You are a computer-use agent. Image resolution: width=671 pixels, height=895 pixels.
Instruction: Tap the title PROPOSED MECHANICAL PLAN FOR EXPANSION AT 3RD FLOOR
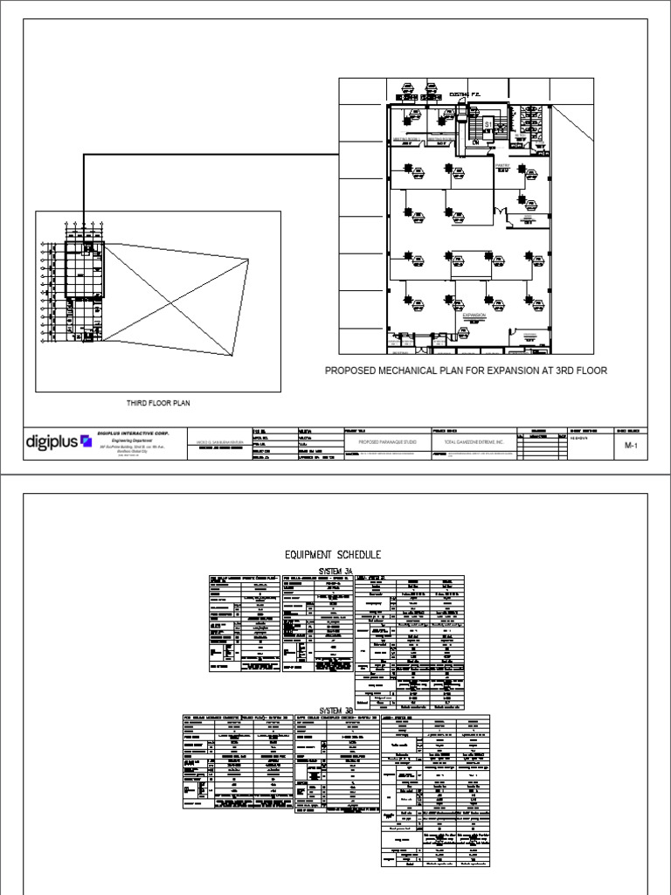466,371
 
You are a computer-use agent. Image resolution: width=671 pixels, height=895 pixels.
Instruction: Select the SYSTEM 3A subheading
336,569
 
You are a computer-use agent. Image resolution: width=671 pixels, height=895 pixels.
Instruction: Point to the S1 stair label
478,126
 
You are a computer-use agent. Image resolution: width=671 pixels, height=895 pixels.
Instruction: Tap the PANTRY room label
502,163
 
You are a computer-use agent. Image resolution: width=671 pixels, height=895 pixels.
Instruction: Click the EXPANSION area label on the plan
474,316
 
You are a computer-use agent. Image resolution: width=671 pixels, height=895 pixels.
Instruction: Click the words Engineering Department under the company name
121,441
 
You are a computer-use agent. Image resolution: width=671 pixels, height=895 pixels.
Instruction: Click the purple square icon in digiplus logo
85,441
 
